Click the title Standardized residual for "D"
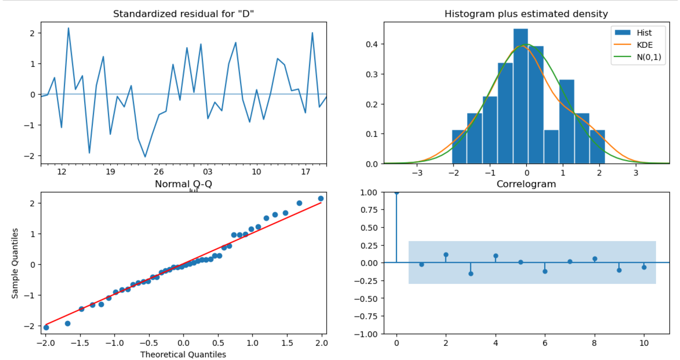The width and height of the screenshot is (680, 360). (183, 14)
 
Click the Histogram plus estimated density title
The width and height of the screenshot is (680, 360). (526, 14)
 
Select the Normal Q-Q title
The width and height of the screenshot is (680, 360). (183, 184)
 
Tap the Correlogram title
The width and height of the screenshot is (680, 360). (526, 184)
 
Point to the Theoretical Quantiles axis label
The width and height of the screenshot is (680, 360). (183, 354)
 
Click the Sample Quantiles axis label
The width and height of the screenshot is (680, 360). (15, 263)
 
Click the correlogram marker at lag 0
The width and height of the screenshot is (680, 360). (396, 192)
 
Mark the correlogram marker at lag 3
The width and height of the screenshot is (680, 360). (471, 273)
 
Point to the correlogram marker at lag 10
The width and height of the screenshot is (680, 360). (644, 267)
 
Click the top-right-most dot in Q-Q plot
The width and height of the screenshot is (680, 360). (320, 199)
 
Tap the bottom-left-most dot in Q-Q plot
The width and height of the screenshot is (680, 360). (46, 327)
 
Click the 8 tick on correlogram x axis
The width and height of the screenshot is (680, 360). (594, 343)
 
